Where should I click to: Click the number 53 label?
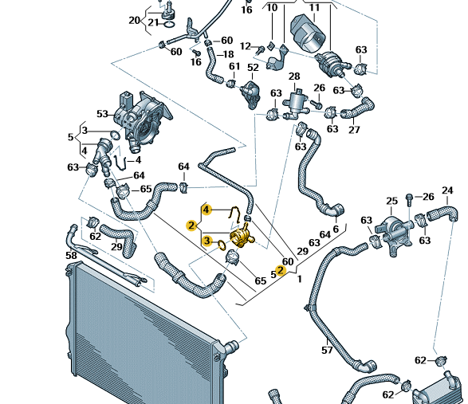[x=102, y=114]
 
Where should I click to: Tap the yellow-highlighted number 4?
[x=206, y=210]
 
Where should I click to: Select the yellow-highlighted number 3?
[x=206, y=241]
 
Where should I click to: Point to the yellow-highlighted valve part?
[x=242, y=236]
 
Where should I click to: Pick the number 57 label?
[x=327, y=350]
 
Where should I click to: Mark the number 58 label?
[x=71, y=256]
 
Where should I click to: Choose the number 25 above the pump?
[x=392, y=201]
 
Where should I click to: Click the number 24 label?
[x=447, y=190]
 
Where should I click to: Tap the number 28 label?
[x=294, y=76]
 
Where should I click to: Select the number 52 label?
[x=253, y=68]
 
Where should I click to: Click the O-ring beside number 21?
[x=169, y=24]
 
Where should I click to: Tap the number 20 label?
[x=134, y=20]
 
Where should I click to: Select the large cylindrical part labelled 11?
[x=308, y=33]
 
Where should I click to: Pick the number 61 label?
[x=234, y=66]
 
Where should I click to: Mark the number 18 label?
[x=228, y=54]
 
